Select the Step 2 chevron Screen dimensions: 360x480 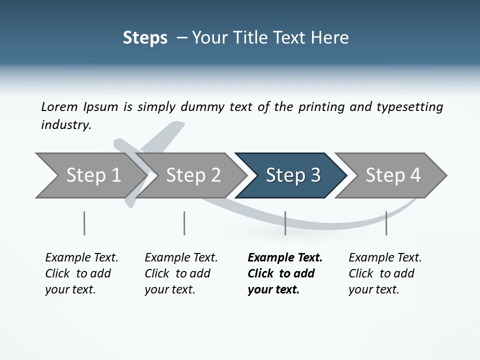click(193, 175)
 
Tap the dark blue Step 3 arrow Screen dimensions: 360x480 click(292, 175)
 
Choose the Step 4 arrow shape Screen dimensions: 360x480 click(392, 175)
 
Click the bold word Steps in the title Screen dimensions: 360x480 click(145, 38)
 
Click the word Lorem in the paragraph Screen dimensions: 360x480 click(59, 107)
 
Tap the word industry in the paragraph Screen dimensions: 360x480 click(65, 125)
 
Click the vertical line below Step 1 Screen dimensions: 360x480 click(84, 223)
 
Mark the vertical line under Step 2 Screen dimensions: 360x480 click(184, 223)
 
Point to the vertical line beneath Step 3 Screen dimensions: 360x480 click(285, 223)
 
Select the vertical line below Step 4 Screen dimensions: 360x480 click(386, 223)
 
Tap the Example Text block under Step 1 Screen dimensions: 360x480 click(81, 273)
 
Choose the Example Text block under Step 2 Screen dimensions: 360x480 click(181, 273)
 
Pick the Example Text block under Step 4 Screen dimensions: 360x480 click(385, 273)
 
